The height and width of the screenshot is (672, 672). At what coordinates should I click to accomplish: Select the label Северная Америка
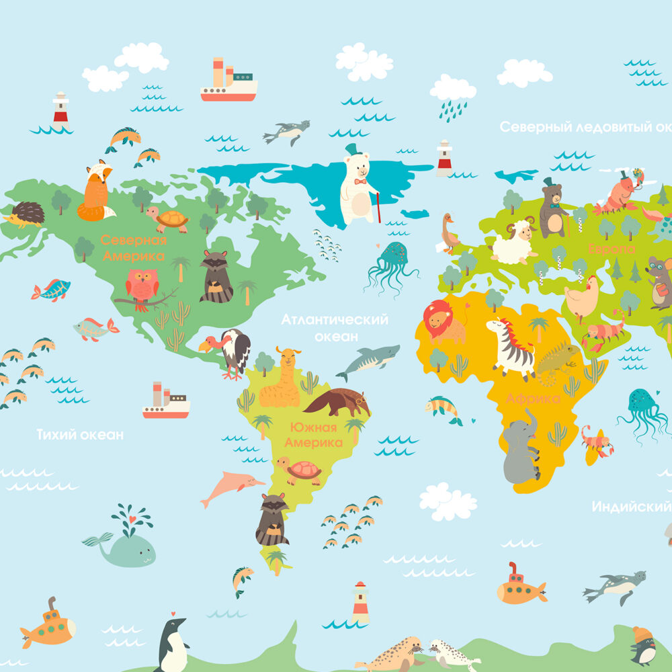pos(133,248)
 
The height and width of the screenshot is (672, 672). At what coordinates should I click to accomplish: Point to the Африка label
pos(533,398)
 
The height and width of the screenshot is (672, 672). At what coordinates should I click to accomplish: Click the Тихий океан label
pos(80,435)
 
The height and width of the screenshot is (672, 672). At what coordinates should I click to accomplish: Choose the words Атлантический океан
pos(335,327)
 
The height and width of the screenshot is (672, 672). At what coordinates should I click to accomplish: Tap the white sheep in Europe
pos(514,242)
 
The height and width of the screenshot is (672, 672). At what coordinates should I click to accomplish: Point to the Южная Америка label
pos(313,435)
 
